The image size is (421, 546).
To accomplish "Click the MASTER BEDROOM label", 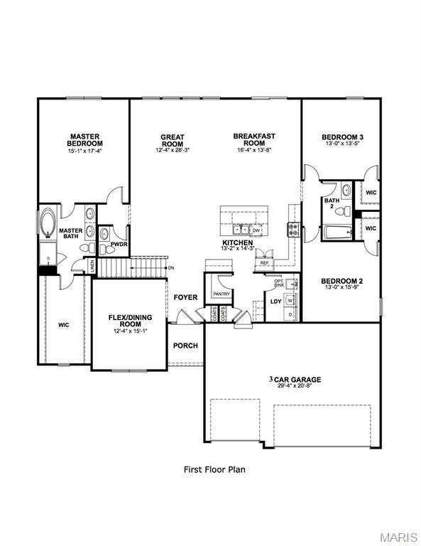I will coord(84,139).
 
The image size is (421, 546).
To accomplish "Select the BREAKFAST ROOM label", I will coord(253,139).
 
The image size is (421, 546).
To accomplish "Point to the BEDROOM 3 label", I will coord(342,137).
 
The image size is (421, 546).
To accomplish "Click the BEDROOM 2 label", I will coord(342,280).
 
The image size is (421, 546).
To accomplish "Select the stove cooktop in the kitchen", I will coord(292,229).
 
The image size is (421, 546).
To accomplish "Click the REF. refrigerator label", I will coord(264,263).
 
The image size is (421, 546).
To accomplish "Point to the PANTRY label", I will coord(219,293).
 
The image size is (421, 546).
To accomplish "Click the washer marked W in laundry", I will coord(290,301).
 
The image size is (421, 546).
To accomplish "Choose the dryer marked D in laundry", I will coord(290,314).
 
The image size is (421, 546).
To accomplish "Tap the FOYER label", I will coord(185,297).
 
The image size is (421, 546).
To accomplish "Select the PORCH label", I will coord(185,346).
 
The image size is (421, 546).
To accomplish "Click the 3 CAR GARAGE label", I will coord(295,380).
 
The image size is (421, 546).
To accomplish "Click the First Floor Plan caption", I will coord(214,469).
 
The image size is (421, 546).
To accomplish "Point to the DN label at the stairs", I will coord(171,267).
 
